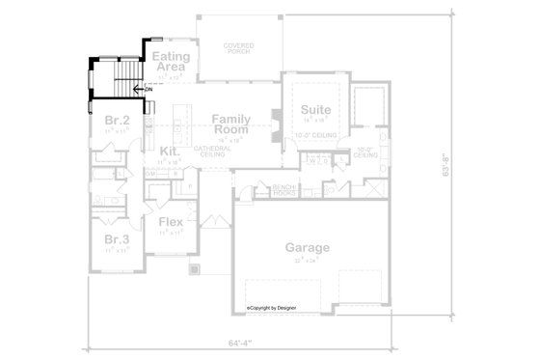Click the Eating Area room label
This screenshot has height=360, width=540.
[170, 63]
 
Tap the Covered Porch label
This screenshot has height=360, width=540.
[239, 47]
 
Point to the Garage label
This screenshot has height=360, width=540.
[307, 248]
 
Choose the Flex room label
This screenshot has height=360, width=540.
[171, 223]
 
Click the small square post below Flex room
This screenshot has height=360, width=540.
[192, 269]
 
